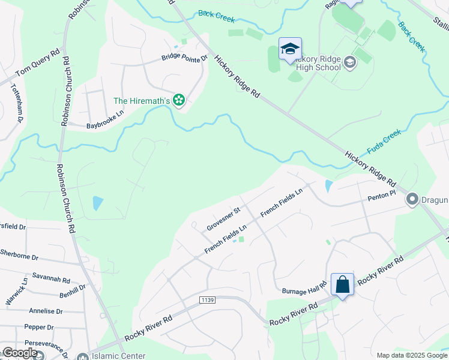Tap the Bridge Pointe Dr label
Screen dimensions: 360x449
[x=184, y=58]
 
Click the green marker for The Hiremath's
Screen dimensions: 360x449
[x=178, y=100]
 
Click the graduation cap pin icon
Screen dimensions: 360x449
[x=291, y=49]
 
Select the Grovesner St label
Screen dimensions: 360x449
[x=223, y=219]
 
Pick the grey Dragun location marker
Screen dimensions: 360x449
[x=412, y=199]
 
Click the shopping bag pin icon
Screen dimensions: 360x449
[x=342, y=284]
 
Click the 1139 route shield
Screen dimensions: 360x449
[x=208, y=299]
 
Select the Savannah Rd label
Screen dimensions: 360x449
[x=52, y=280]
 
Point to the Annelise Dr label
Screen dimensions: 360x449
[x=46, y=311]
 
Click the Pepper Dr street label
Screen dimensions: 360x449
[x=39, y=327]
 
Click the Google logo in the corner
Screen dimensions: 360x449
[x=20, y=353]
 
